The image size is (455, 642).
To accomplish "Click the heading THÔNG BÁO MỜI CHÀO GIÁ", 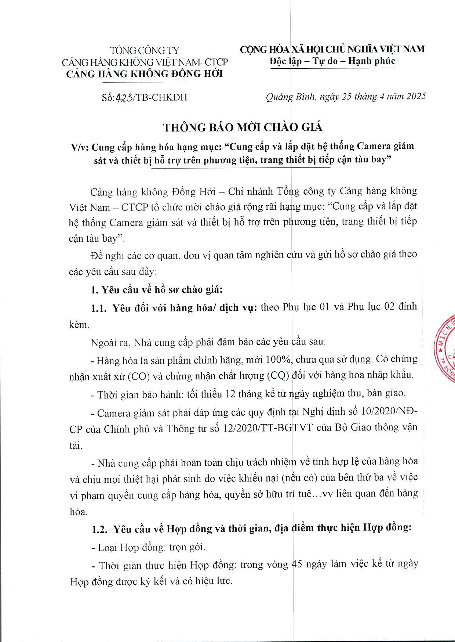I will [x=243, y=127].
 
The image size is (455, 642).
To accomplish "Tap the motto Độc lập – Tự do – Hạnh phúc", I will [x=332, y=61].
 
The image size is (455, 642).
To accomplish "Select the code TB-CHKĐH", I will [x=162, y=97].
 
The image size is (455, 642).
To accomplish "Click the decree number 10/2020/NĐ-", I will [x=389, y=411].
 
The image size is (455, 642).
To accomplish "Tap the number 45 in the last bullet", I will [x=296, y=564].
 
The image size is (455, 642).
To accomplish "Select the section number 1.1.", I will [x=99, y=308].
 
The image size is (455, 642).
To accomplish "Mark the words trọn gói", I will [x=187, y=547].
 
